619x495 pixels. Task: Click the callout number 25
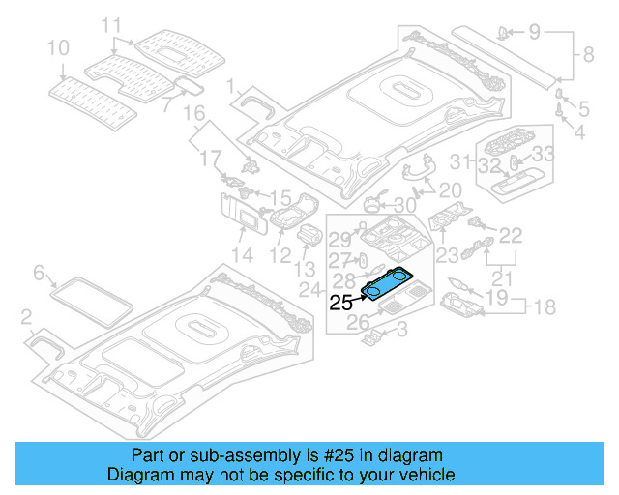point(341,303)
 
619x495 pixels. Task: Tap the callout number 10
point(58,46)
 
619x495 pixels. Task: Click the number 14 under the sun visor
point(242,255)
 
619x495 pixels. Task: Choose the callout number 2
point(26,315)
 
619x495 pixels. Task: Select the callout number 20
point(451,189)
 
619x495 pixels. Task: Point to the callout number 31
point(463,161)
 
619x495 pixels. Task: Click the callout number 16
point(194,114)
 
